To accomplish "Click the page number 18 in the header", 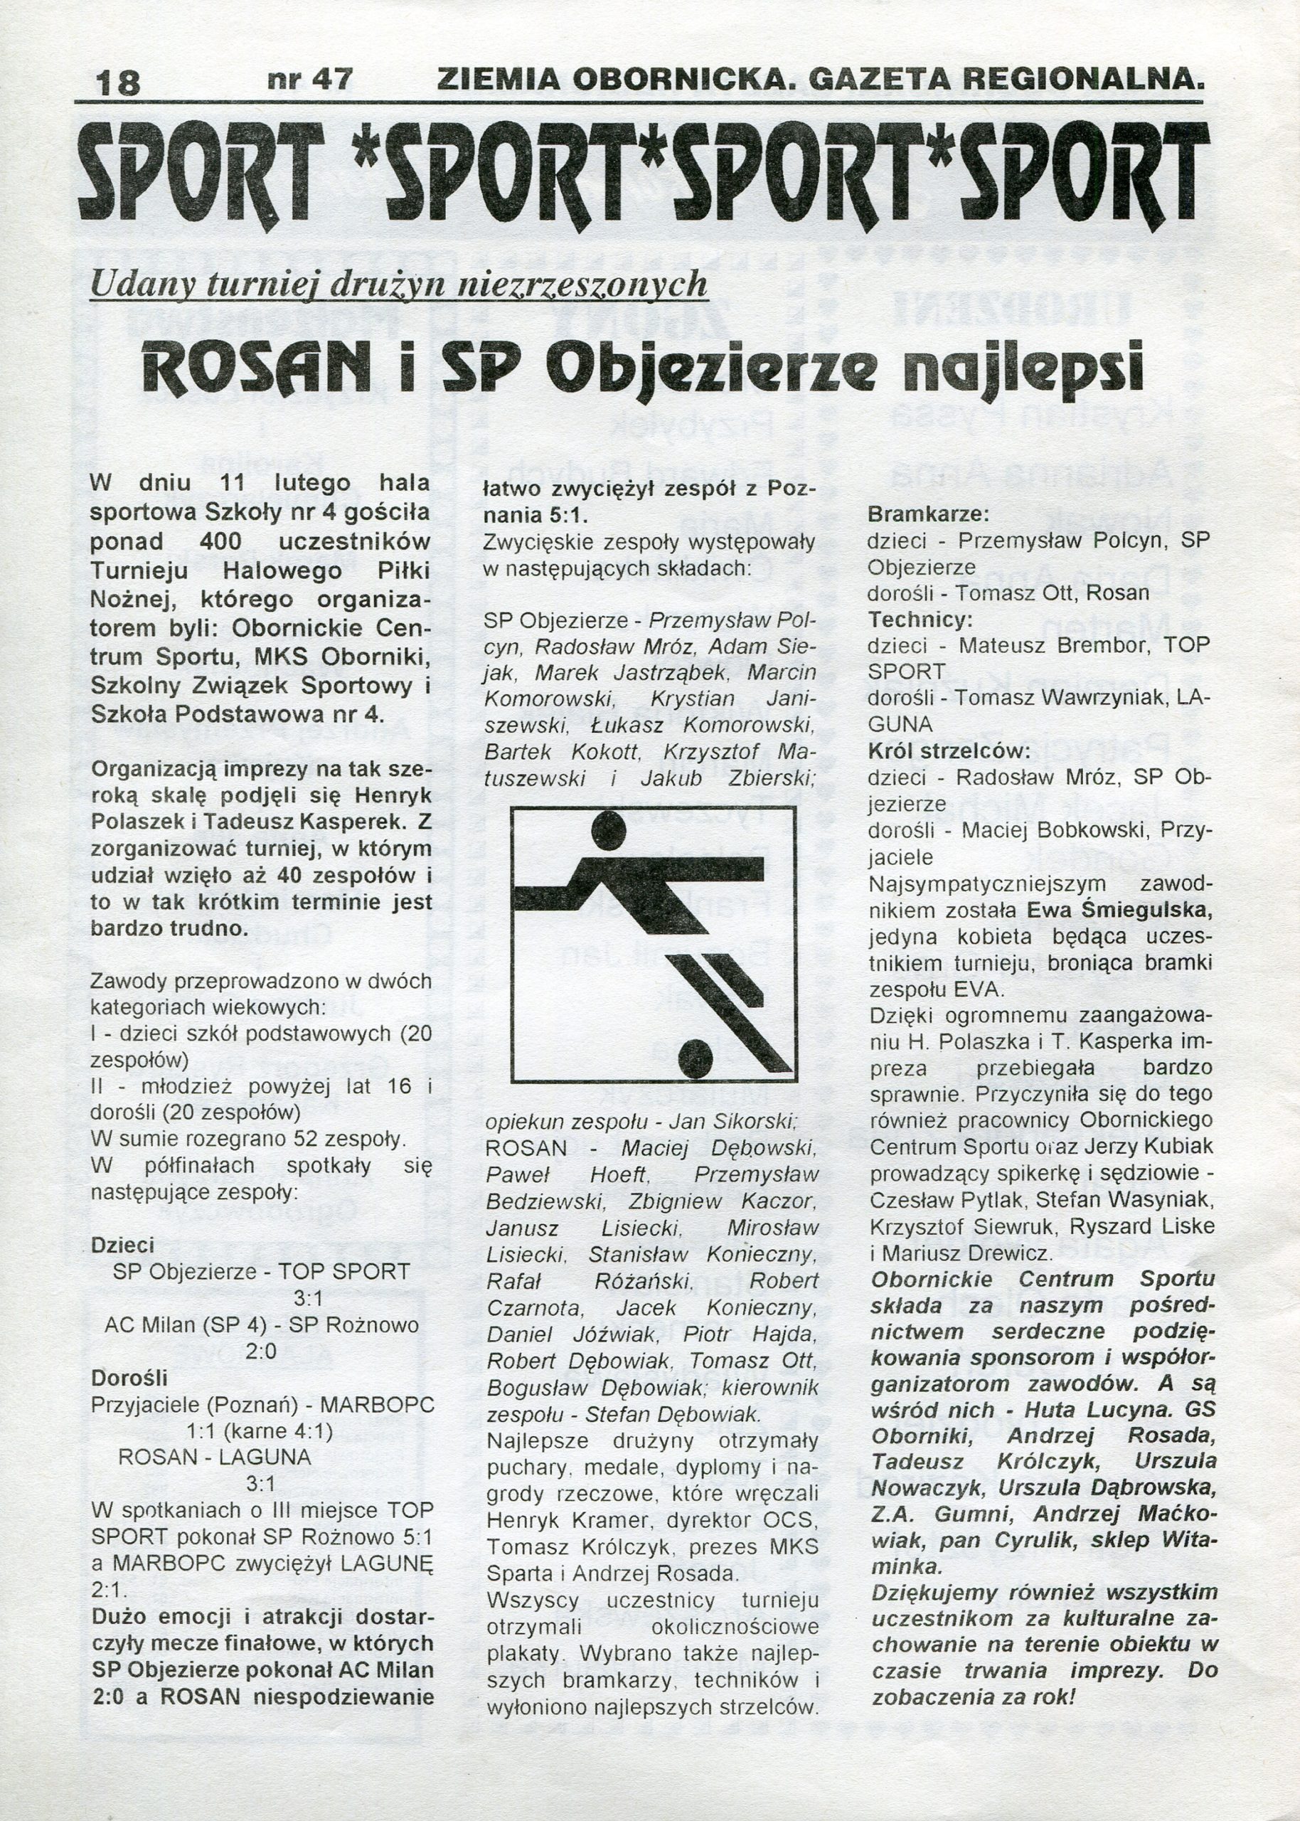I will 117,83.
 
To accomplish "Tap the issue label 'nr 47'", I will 310,79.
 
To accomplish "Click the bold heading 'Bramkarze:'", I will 929,513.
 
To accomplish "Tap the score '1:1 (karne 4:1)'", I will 260,1430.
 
